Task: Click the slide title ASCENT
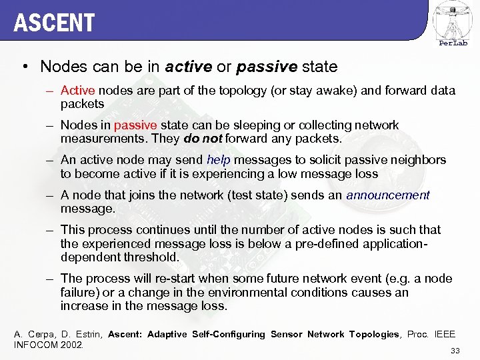coord(54,23)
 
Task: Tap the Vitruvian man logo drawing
coord(453,19)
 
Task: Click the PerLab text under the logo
coord(453,43)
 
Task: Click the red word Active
coord(77,90)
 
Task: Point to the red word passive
coord(135,125)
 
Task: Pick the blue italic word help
coord(218,160)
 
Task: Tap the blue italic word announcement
coord(388,195)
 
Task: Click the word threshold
coord(155,257)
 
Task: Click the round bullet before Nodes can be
coord(25,67)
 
